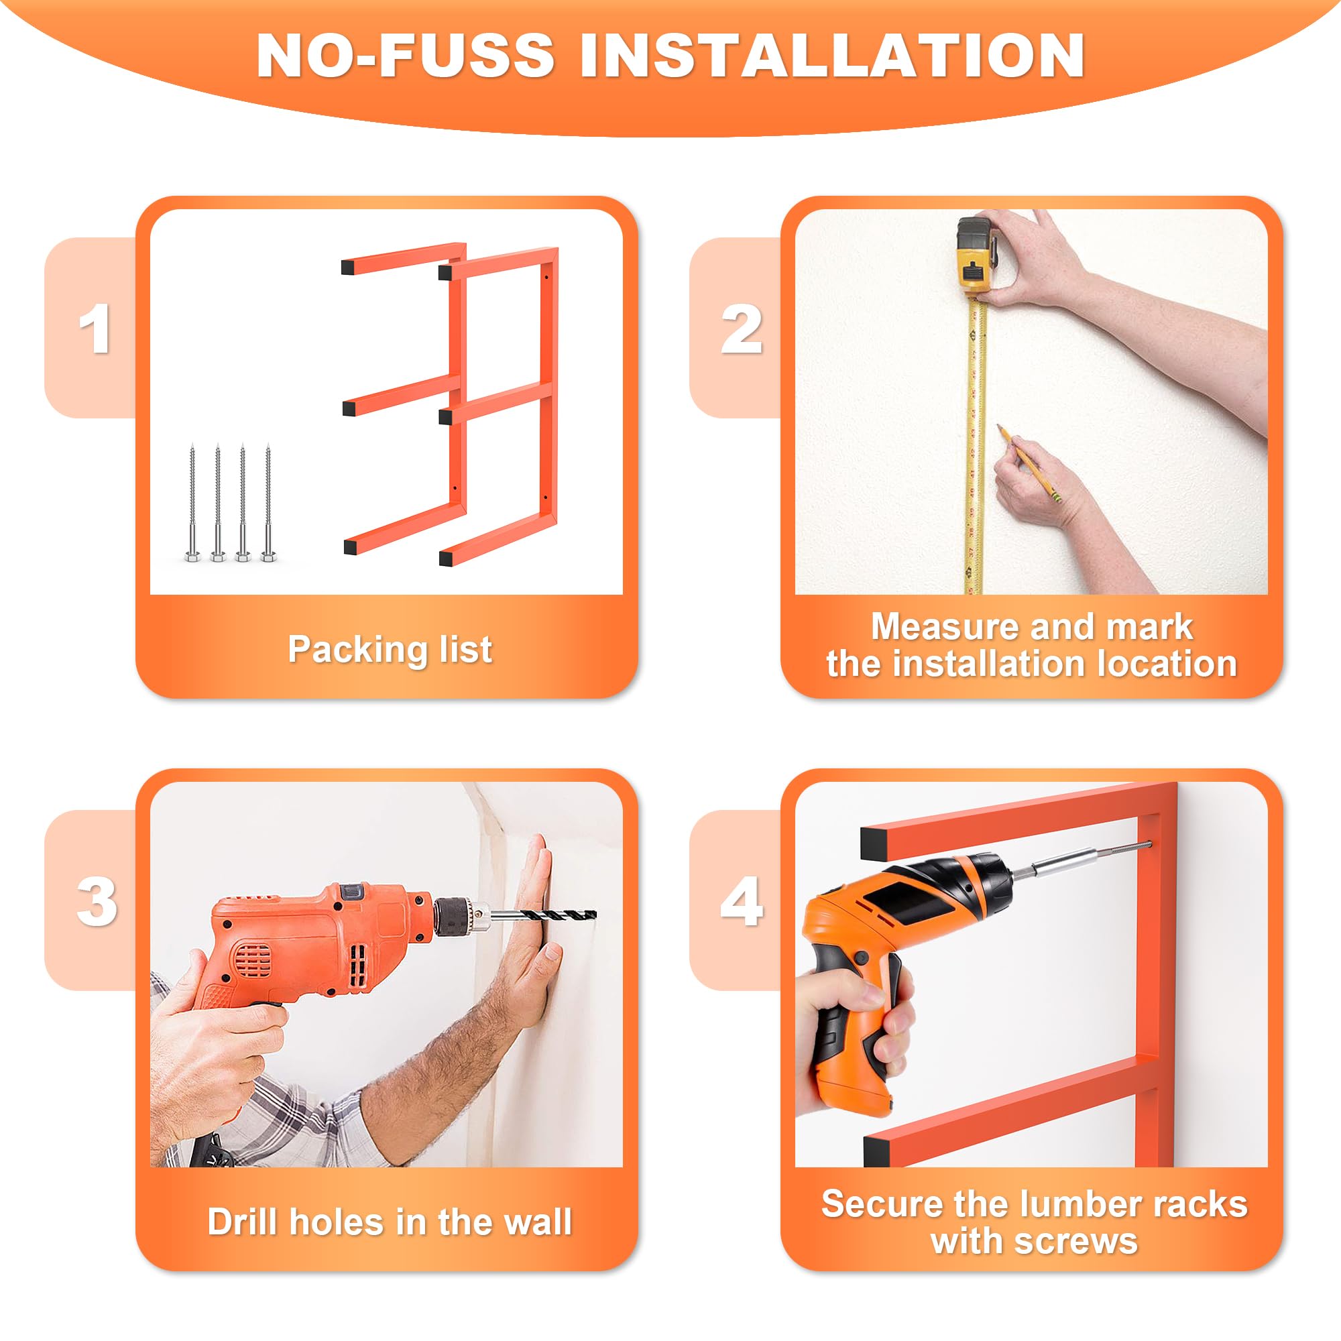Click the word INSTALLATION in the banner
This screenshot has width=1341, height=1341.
click(x=832, y=55)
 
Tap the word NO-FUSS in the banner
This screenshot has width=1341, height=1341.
click(x=406, y=55)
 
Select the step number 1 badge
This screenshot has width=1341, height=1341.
click(x=95, y=329)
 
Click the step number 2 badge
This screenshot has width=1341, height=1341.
click(x=742, y=329)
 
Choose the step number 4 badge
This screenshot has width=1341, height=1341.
click(x=742, y=902)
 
